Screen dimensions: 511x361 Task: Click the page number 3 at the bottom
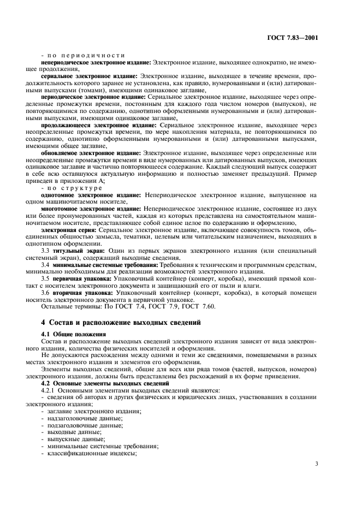316,464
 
